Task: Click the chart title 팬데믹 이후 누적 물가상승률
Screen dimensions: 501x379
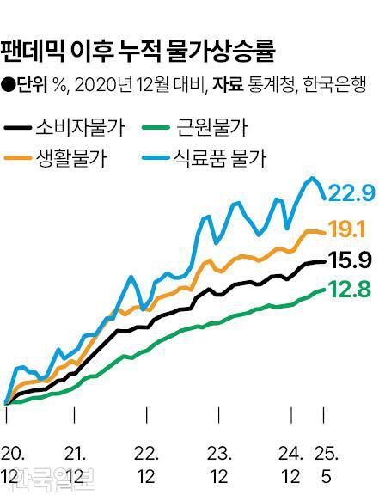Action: click(138, 50)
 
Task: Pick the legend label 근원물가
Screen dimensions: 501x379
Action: click(211, 129)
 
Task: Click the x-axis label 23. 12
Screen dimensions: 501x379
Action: click(219, 464)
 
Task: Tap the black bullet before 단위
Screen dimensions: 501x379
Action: click(8, 85)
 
